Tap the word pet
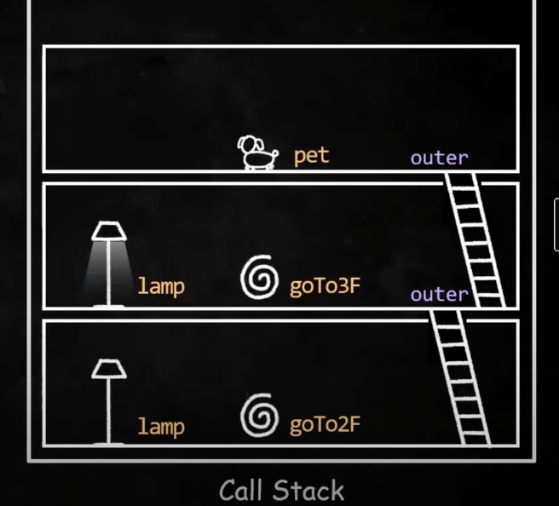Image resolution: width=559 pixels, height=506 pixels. pos(311,157)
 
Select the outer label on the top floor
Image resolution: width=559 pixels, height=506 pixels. pos(439,158)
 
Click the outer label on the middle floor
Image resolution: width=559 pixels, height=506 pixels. pos(439,295)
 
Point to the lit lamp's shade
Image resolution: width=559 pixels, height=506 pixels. pos(109,231)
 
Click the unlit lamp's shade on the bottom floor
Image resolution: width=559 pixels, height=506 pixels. pos(109,369)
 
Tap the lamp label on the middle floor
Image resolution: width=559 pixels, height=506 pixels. pos(161,286)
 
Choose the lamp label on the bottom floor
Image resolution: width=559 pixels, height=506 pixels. pos(161,426)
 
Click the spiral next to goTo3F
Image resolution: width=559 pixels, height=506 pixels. pos(259,279)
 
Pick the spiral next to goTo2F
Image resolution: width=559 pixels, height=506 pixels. pos(259,417)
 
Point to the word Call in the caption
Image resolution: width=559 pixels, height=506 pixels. pos(245,491)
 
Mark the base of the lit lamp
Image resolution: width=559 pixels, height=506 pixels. pos(108,304)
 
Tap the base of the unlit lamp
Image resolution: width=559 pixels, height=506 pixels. pos(108,442)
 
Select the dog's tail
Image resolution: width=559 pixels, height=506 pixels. pos(274,152)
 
